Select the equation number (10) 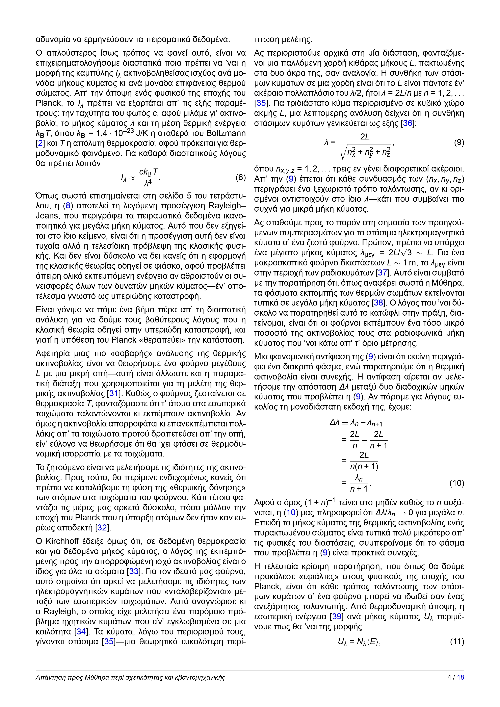(457, 483)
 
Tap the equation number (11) (457, 642)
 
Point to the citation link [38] (378, 303)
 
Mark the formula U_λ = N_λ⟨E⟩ (359, 642)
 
